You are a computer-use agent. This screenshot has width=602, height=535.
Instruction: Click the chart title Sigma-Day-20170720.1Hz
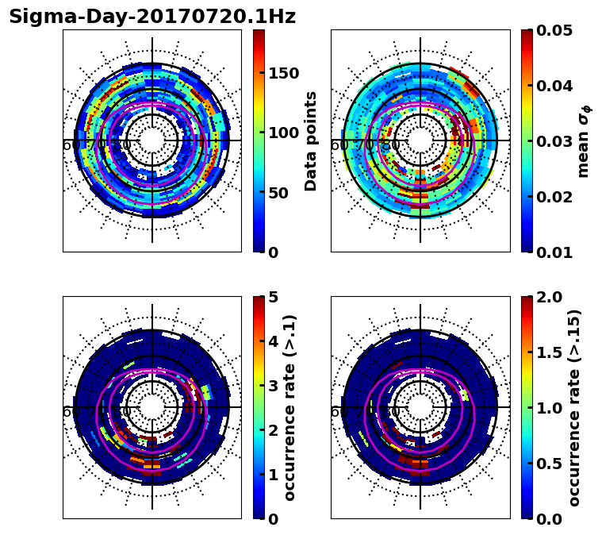point(152,17)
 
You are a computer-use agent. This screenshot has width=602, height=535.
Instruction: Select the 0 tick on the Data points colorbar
point(272,252)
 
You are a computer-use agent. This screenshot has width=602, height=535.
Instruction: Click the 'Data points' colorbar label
point(311,140)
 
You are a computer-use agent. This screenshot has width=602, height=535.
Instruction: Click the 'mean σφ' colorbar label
point(583,141)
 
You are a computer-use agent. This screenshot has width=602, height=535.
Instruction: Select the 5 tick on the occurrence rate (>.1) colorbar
point(272,297)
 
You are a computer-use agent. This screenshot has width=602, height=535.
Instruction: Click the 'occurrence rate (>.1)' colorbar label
point(290,407)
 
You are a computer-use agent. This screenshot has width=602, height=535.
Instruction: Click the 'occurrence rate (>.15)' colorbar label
point(574,407)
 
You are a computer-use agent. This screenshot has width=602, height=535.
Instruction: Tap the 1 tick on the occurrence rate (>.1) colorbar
point(272,475)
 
